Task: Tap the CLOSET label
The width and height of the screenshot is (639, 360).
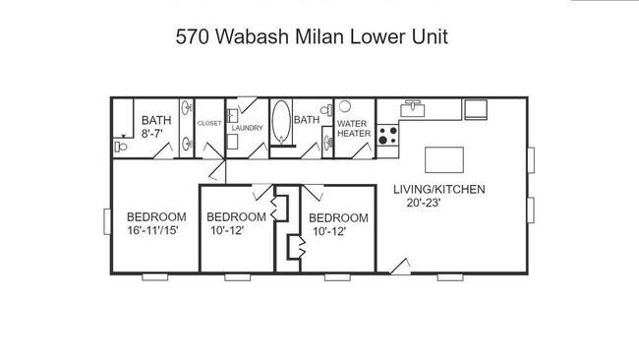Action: [x=209, y=123]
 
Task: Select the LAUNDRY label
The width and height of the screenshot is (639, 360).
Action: [x=246, y=128]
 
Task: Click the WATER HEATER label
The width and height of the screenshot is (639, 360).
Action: [x=353, y=128]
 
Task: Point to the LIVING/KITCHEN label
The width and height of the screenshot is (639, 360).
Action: [x=438, y=190]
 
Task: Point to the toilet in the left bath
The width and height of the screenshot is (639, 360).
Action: [x=121, y=148]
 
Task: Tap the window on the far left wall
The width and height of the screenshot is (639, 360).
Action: [x=106, y=221]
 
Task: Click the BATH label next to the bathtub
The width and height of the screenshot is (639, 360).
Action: [x=308, y=120]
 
